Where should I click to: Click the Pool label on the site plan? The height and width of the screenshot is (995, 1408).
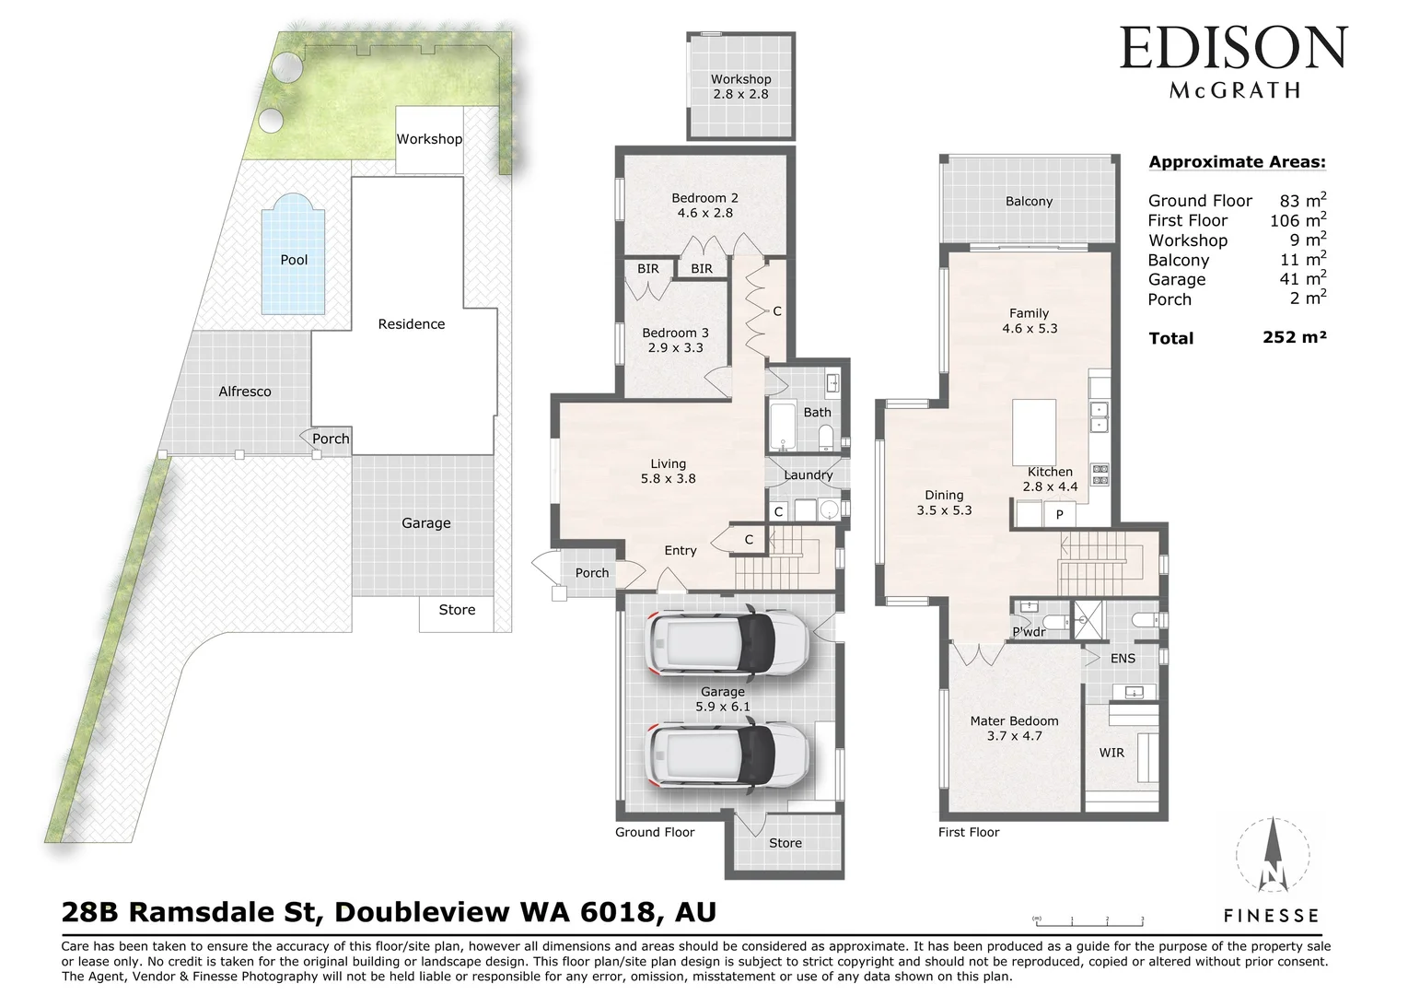294,260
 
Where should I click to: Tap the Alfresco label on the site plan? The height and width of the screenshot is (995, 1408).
245,392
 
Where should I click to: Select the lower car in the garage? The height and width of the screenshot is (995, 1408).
728,755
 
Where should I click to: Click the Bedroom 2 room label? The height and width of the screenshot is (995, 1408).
704,205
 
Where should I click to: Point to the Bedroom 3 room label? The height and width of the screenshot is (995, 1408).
675,340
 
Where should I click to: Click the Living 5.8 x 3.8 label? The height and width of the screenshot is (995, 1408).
668,471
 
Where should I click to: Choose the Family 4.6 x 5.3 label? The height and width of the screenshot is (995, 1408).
1029,321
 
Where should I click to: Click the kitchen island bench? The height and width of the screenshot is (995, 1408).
1034,431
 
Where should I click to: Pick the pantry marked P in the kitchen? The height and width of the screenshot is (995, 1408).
1059,514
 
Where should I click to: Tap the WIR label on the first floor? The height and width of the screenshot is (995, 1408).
1111,753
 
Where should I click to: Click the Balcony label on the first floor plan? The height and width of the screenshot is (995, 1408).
1029,201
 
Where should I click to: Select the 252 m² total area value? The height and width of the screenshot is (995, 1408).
1294,337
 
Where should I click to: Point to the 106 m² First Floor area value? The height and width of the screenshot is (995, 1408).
1297,220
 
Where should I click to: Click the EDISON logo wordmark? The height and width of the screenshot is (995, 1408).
1233,49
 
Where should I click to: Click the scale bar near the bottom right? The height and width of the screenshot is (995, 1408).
1088,919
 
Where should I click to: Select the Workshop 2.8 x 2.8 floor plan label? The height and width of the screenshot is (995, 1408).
740,87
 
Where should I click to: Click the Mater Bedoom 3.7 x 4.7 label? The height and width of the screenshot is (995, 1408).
1014,728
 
